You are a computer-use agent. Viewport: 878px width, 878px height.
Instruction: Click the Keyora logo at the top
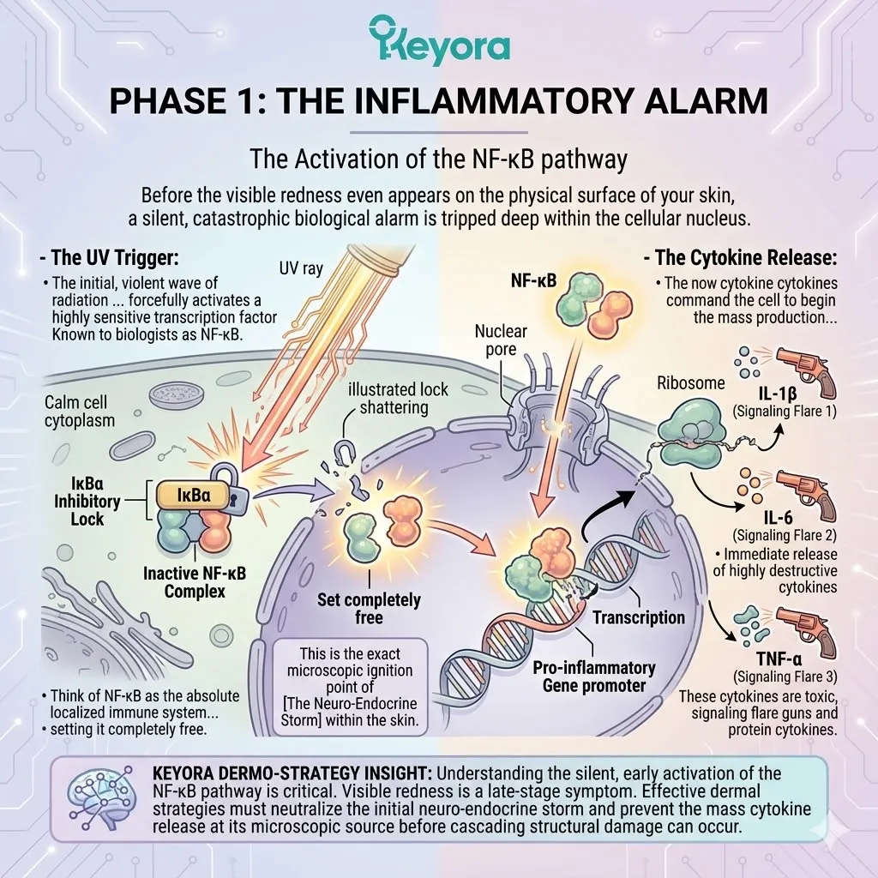coord(439,40)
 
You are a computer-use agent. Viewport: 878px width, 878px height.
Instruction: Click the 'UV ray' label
coord(301,268)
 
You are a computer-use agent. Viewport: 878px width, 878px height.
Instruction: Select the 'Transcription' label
coord(639,616)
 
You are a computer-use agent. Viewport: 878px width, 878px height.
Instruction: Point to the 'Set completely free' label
coord(370,607)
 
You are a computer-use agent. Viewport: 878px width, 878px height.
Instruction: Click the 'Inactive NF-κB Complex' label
coord(194,581)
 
